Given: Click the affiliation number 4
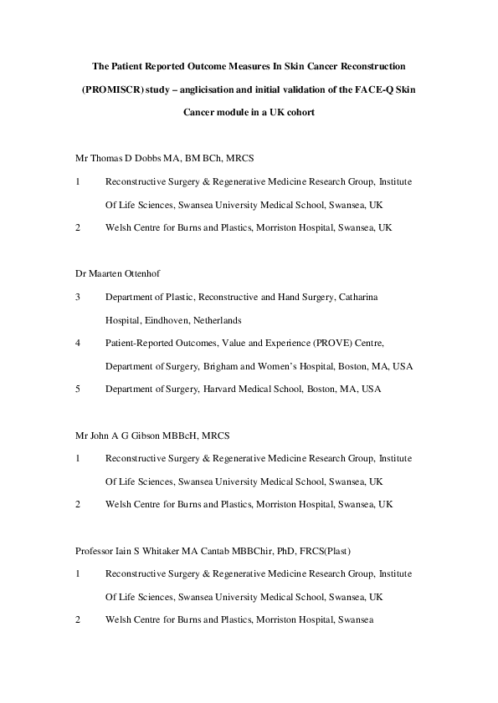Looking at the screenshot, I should coord(78,343).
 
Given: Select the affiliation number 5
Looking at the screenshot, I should coord(78,389).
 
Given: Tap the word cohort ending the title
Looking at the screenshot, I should coord(297,112).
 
